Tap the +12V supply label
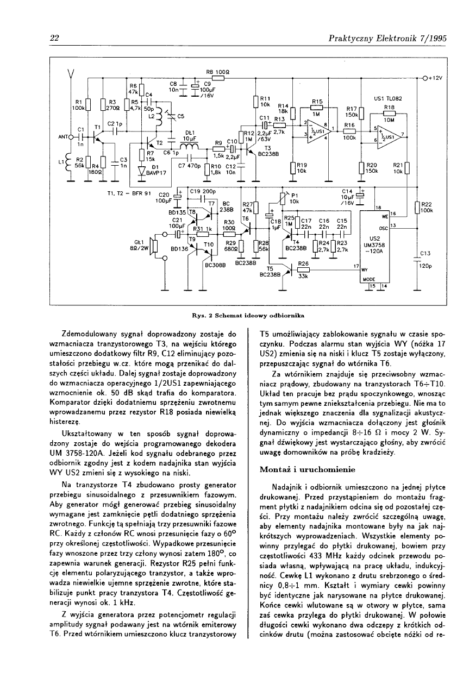[x=435, y=77]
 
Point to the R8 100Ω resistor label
[x=216, y=72]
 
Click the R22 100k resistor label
[x=426, y=207]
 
